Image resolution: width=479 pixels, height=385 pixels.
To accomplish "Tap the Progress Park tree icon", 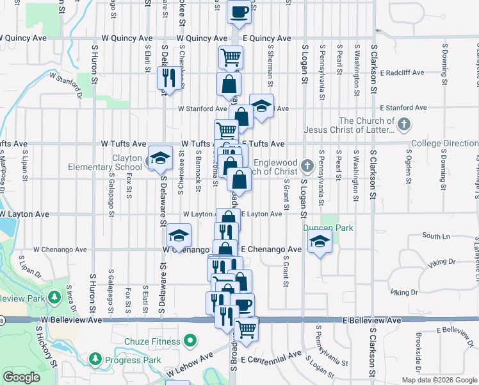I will (95, 357).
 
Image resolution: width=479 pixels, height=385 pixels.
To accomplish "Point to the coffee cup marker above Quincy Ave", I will (239, 12).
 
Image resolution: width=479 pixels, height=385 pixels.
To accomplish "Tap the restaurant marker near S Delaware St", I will (166, 78).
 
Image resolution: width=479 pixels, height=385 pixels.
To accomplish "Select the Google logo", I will (22, 377).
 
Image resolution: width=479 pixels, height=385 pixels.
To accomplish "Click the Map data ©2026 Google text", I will (439, 380).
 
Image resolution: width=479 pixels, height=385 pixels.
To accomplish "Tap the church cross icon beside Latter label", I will (403, 124).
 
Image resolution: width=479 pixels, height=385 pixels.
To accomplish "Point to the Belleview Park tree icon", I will (54, 298).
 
